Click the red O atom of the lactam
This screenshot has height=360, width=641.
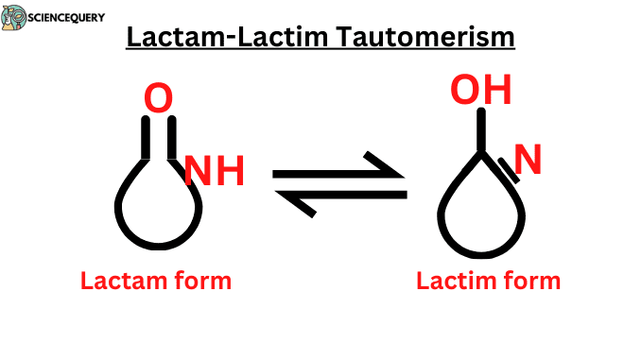158,97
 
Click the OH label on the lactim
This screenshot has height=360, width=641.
480,90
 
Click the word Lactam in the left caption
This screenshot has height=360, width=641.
121,281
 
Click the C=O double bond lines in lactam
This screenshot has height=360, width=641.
158,139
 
